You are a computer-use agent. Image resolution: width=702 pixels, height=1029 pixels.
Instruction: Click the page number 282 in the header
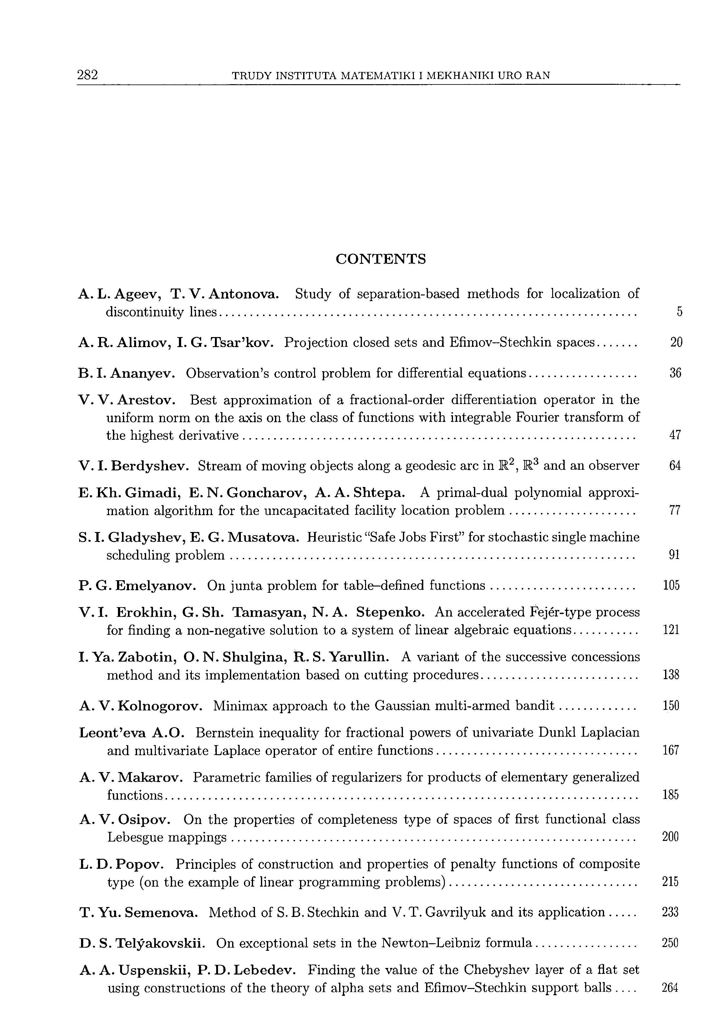(87, 75)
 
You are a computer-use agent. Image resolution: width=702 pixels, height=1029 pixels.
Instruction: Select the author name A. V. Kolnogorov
(141, 706)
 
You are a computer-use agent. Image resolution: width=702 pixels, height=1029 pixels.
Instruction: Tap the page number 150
(671, 705)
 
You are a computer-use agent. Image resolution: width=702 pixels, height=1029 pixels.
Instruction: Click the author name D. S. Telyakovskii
(142, 944)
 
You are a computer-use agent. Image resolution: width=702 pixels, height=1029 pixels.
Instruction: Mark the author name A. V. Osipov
(125, 820)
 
